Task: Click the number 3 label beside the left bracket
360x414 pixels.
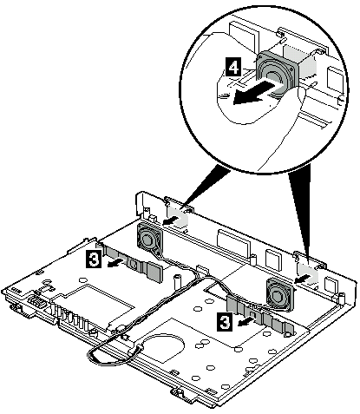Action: coord(94,259)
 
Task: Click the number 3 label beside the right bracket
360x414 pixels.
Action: coord(224,320)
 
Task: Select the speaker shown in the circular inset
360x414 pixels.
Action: coord(276,71)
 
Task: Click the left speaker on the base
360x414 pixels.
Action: coord(148,239)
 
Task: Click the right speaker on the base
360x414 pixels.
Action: coord(279,294)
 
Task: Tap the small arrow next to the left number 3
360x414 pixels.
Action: coord(116,263)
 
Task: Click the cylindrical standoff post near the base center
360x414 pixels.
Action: coord(176,281)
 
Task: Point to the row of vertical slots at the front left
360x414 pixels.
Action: coord(69,318)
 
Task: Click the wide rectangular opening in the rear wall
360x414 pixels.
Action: coord(233,242)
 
